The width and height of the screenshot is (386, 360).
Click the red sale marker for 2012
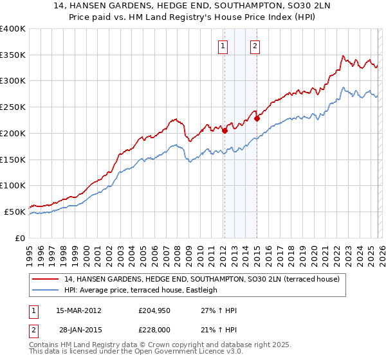tap(225, 130)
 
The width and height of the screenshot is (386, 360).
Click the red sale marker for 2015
tap(257, 118)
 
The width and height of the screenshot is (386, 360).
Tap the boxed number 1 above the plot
tap(223, 46)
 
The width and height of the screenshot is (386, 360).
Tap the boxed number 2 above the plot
tap(255, 46)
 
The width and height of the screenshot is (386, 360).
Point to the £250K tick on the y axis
tap(14, 107)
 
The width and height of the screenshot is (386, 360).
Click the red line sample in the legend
tap(46, 280)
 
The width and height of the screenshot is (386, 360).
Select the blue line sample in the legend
tap(46, 291)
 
